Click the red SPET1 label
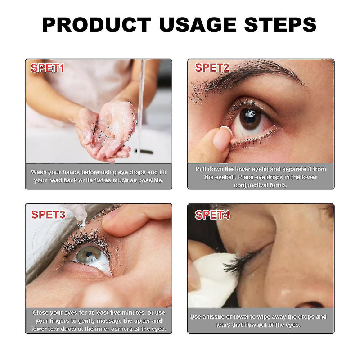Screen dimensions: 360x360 tap(47, 68)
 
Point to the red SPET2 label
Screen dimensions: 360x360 tap(212, 68)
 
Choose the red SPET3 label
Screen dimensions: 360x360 tap(48, 215)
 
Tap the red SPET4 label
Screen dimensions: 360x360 tap(212, 215)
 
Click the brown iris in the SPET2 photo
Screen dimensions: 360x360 tap(250, 118)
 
